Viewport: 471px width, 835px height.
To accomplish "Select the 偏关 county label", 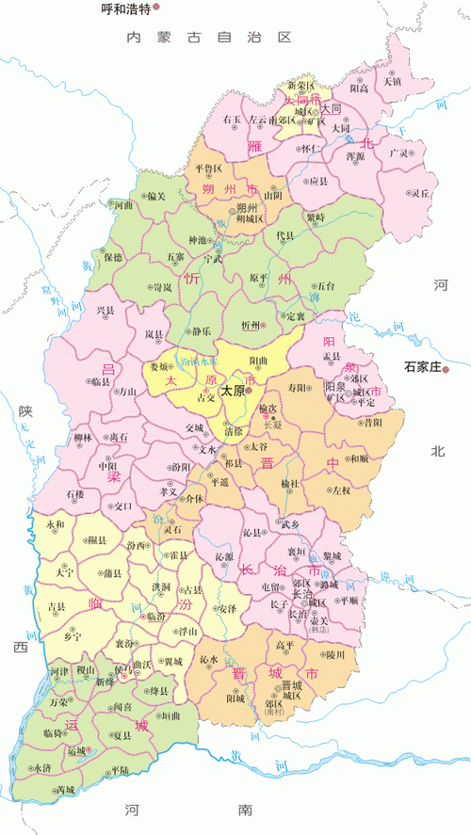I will [157, 196].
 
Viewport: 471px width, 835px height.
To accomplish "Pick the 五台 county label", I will [325, 285].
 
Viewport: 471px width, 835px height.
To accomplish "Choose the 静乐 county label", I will [202, 330].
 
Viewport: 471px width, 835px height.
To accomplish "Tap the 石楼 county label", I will [75, 493].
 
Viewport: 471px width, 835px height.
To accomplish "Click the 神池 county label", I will [198, 240].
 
